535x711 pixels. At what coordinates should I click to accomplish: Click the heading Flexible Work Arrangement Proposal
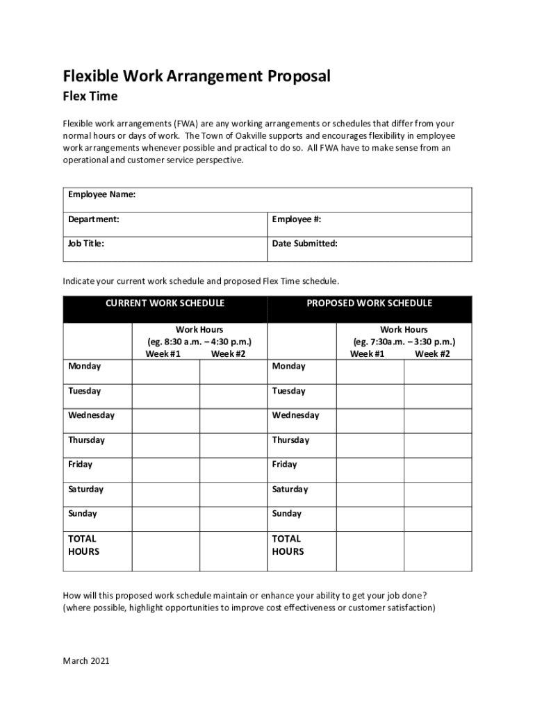[197, 76]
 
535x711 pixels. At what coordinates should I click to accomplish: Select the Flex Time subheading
[90, 97]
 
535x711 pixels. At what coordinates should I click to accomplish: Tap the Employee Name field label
[101, 194]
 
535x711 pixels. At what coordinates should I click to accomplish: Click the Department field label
[93, 219]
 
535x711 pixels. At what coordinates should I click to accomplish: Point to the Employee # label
[297, 219]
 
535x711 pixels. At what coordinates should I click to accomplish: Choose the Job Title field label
[86, 244]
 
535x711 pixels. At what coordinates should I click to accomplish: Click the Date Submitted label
[305, 244]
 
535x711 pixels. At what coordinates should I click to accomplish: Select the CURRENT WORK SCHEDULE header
[165, 303]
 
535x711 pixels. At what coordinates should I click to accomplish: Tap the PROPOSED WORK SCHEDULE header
[370, 303]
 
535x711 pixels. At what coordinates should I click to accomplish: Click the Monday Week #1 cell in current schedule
[165, 371]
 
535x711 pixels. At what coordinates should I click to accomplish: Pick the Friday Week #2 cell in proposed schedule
[438, 469]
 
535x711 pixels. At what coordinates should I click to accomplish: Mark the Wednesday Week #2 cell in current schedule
[233, 421]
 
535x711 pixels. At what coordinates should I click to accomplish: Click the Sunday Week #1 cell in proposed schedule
[370, 519]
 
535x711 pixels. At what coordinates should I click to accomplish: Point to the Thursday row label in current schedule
[86, 440]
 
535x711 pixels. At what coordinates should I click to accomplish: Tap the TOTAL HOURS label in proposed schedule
[288, 545]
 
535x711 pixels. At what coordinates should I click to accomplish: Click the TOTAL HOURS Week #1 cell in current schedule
[165, 551]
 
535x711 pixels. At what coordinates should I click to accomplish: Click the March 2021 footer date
[86, 661]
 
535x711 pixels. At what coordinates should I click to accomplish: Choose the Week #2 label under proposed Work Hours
[432, 354]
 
